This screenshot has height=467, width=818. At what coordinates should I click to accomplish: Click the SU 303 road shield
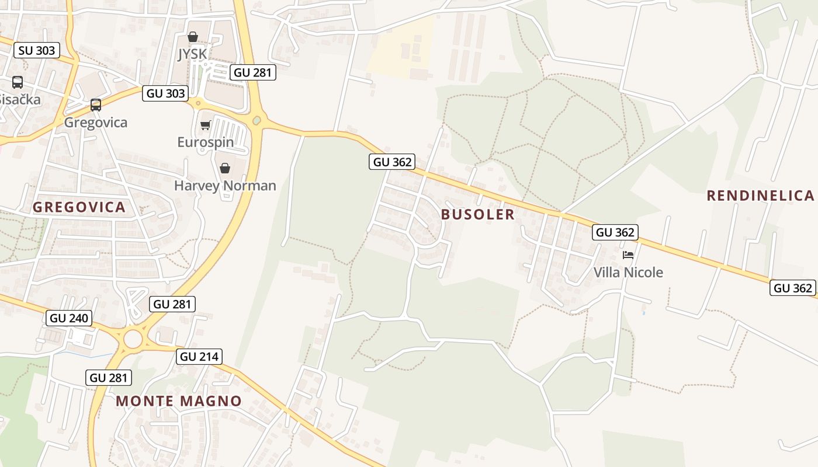click(37, 50)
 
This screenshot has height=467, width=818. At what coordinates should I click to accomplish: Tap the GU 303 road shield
click(166, 93)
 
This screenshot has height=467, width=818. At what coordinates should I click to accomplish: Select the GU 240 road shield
click(70, 318)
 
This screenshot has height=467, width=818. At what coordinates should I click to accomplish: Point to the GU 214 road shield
click(200, 357)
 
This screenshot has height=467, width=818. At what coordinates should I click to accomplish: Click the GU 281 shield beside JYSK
click(253, 72)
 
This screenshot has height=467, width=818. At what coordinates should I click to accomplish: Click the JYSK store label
click(192, 54)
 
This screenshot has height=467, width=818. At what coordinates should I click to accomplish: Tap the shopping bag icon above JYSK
click(193, 37)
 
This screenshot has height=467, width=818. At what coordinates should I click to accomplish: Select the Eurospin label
click(205, 142)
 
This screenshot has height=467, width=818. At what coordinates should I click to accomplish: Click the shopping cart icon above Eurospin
click(205, 125)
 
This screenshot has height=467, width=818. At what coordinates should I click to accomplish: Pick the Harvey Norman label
click(225, 186)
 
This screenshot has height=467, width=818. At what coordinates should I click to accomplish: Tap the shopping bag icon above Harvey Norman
click(225, 168)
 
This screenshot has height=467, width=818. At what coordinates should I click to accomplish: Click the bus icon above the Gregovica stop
click(95, 105)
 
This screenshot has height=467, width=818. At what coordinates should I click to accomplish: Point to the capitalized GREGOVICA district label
click(79, 207)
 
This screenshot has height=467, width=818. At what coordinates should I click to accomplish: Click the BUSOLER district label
click(478, 214)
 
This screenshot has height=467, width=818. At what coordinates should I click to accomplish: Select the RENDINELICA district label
click(760, 196)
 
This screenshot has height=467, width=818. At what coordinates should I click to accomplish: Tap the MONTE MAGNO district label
click(178, 401)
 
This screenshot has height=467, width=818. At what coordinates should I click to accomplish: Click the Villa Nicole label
click(628, 272)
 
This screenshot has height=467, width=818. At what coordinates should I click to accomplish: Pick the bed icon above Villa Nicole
click(628, 255)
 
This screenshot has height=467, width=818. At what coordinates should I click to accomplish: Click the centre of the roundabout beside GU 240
click(133, 339)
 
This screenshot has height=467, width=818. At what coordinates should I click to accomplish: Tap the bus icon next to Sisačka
click(18, 82)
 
